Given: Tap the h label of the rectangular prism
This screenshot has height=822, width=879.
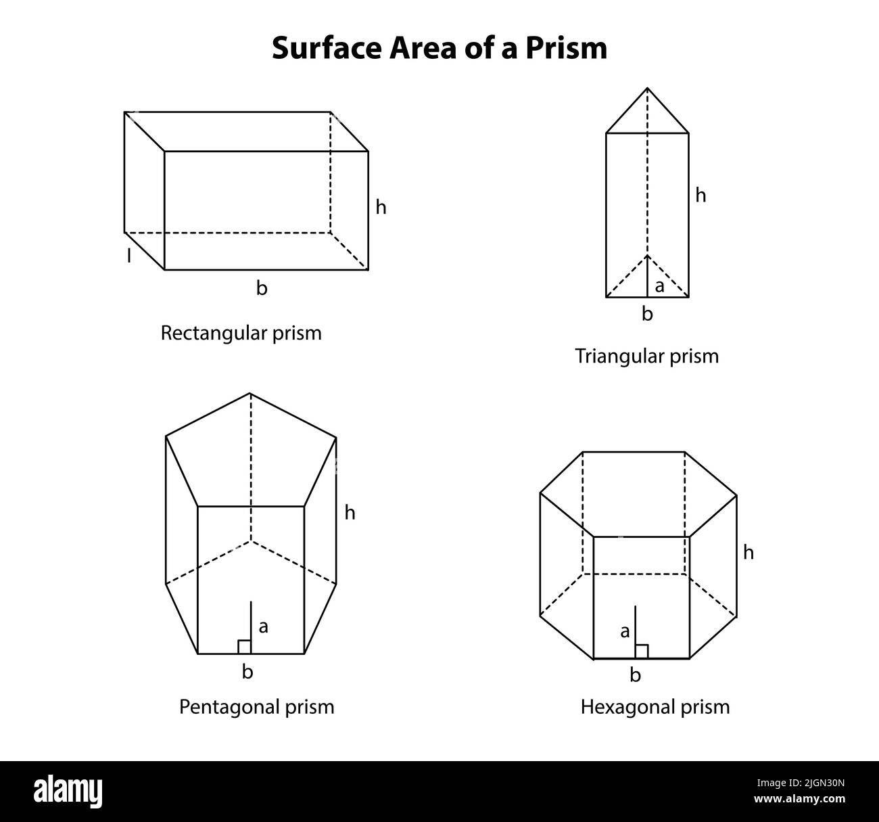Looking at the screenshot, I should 381,208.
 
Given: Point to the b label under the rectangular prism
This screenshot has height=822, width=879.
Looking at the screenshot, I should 262,288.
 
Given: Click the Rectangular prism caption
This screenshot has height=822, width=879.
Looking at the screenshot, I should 241,333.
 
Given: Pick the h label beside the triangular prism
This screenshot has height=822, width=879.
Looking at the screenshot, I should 701,196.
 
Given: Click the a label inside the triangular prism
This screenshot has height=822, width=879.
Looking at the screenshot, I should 660,287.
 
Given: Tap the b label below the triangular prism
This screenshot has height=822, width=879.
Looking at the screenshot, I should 647,314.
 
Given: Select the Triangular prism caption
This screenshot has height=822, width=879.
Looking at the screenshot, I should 646,356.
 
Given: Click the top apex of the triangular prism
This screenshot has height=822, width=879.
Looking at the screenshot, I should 647,89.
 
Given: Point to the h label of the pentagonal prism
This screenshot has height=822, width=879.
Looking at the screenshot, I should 350,513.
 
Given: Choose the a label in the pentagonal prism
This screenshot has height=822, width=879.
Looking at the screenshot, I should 264,627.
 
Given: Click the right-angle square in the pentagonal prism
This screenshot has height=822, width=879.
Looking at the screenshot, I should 244,647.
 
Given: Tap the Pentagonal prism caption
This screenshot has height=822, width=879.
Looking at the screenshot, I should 256,707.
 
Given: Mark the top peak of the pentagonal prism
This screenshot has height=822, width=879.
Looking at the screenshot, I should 250,393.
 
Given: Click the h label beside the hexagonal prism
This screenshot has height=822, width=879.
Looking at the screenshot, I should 749,553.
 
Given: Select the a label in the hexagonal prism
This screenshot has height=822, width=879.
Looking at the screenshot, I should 625,632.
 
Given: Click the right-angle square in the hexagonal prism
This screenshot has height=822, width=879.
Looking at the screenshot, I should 642,652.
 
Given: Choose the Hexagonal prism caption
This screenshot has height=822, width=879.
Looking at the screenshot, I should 655,707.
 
